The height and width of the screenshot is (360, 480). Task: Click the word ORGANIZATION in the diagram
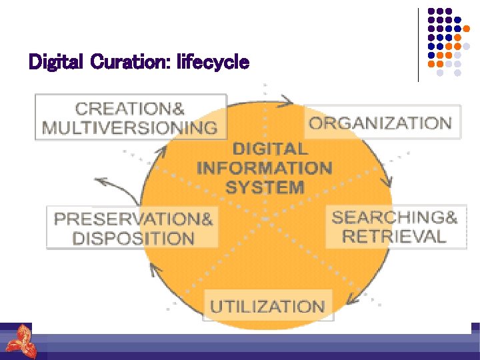pyautogui.click(x=380, y=123)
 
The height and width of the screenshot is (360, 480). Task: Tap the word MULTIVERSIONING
pyautogui.click(x=129, y=127)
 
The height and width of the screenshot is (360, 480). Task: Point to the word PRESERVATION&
pyautogui.click(x=133, y=219)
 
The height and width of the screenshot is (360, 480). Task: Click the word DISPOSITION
pyautogui.click(x=133, y=238)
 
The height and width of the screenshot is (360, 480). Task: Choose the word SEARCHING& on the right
pyautogui.click(x=394, y=217)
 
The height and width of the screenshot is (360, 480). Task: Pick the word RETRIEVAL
pyautogui.click(x=394, y=236)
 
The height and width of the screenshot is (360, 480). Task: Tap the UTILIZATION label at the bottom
pyautogui.click(x=267, y=307)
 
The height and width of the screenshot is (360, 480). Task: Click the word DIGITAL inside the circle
pyautogui.click(x=270, y=149)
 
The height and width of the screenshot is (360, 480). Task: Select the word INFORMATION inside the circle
pyautogui.click(x=265, y=167)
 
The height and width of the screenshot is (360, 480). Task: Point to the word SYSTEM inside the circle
pyautogui.click(x=265, y=187)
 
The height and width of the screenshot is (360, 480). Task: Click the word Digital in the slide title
pyautogui.click(x=55, y=63)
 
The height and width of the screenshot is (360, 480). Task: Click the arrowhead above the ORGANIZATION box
pyautogui.click(x=288, y=101)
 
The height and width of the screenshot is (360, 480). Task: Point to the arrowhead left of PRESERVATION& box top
pyautogui.click(x=100, y=179)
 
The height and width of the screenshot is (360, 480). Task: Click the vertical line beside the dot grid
pyautogui.click(x=419, y=44)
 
